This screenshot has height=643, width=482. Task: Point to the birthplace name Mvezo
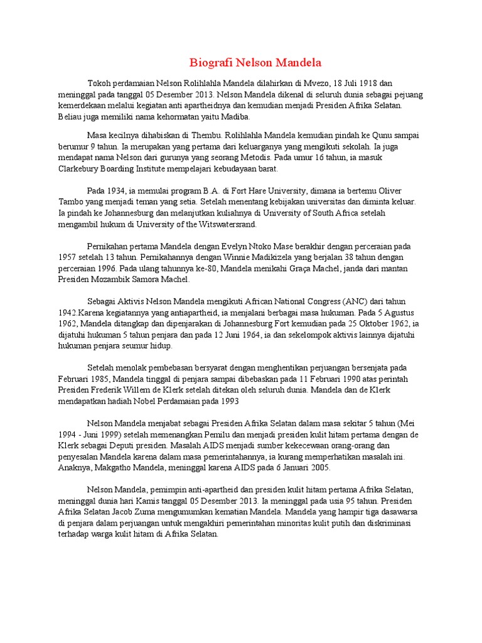(316, 83)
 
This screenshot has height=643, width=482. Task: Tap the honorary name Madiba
(236, 117)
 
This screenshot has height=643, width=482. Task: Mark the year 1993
(228, 401)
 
